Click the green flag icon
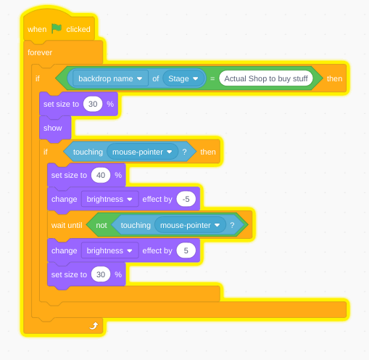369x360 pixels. [57, 29]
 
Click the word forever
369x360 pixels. [40, 52]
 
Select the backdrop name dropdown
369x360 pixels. [110, 78]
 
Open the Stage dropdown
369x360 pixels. [183, 78]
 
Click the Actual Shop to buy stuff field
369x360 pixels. [266, 78]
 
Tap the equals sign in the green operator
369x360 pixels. [212, 78]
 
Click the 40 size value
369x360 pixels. [101, 175]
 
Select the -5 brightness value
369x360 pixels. [186, 199]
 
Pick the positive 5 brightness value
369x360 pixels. [186, 250]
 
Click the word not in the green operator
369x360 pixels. [101, 225]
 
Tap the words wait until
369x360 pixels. [67, 225]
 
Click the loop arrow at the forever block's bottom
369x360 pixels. [94, 326]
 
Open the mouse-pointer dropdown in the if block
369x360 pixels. [143, 152]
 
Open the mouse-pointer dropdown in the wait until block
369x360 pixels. [190, 225]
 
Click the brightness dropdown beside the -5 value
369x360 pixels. [110, 199]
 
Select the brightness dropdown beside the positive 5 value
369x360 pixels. [110, 250]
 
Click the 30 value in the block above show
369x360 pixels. [93, 104]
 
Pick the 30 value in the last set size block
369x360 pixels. [101, 274]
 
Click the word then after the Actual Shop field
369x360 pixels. [334, 78]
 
